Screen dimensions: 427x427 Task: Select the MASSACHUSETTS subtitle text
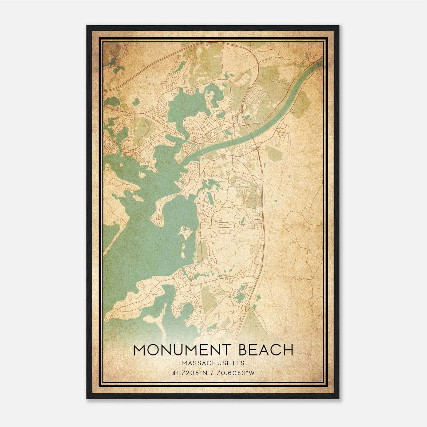coord(213,363)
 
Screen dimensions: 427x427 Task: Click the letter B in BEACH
coord(243,350)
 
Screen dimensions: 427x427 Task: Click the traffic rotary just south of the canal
coord(257,148)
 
